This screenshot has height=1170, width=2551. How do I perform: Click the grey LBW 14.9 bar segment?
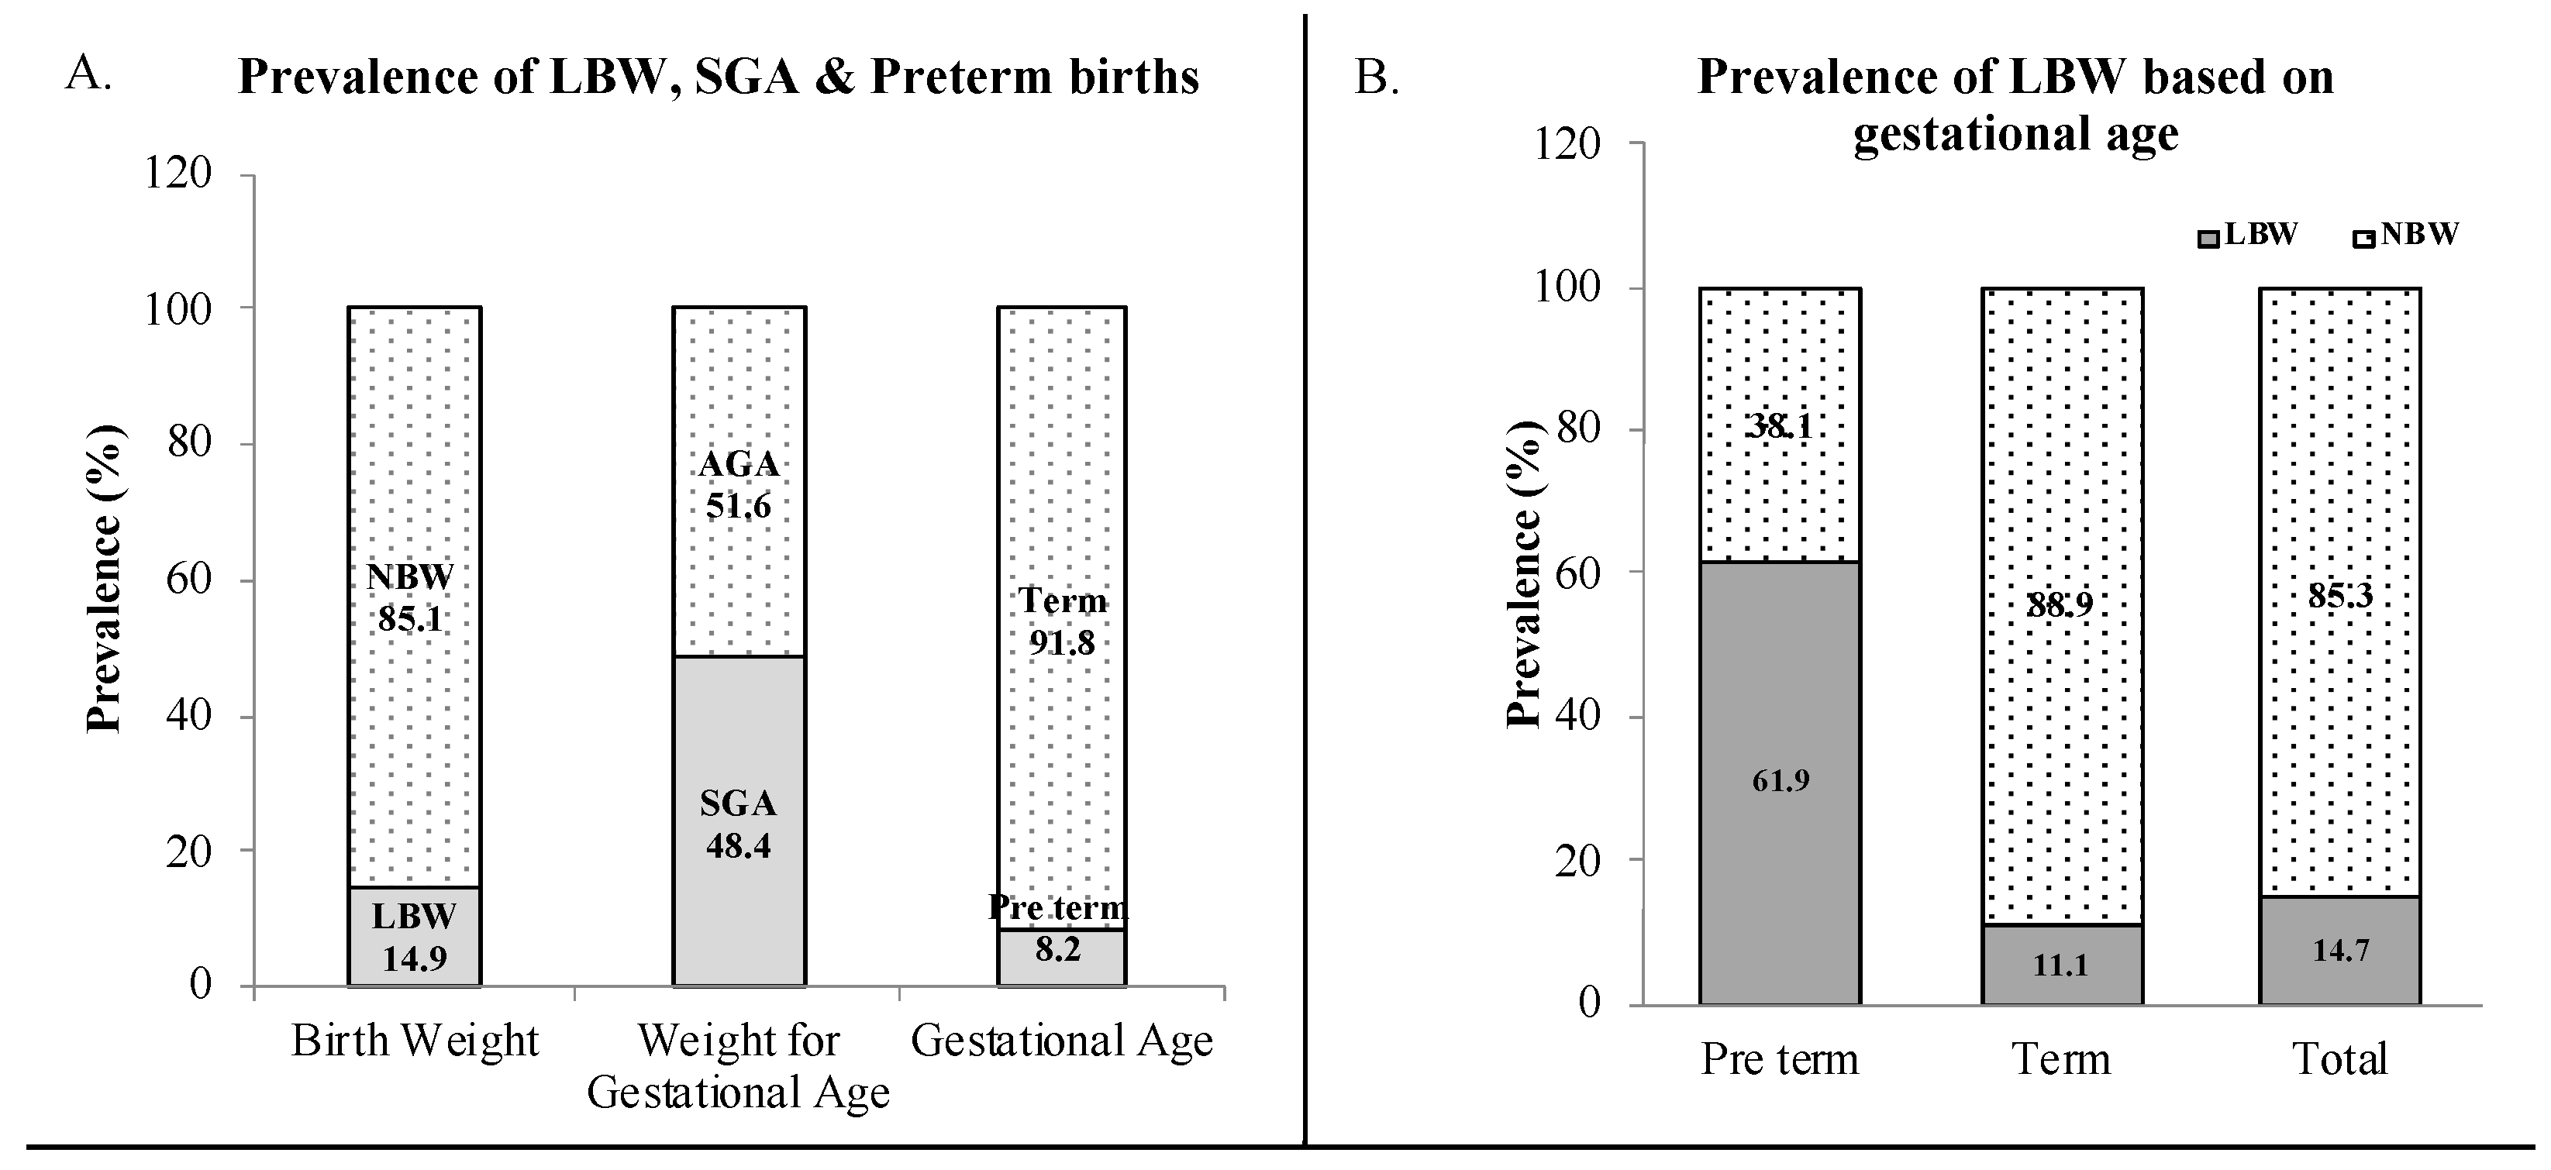point(414,937)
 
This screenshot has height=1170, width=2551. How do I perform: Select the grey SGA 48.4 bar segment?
point(739,821)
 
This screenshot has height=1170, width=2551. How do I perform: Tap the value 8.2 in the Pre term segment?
point(1057,950)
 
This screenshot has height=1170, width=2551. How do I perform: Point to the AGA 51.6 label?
point(739,485)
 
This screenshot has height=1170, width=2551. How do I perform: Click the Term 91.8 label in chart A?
point(1062,621)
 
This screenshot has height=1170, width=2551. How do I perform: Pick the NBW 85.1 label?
point(410,598)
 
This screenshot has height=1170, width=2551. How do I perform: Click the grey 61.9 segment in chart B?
point(1780,782)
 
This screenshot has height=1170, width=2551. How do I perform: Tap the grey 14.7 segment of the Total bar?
point(2340,950)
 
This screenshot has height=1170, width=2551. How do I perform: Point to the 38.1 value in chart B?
point(1780,427)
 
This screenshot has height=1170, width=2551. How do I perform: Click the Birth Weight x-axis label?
point(414,1041)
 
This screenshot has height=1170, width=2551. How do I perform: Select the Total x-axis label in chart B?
point(2340,1060)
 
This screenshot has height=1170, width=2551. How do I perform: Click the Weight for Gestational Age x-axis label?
point(739,1067)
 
